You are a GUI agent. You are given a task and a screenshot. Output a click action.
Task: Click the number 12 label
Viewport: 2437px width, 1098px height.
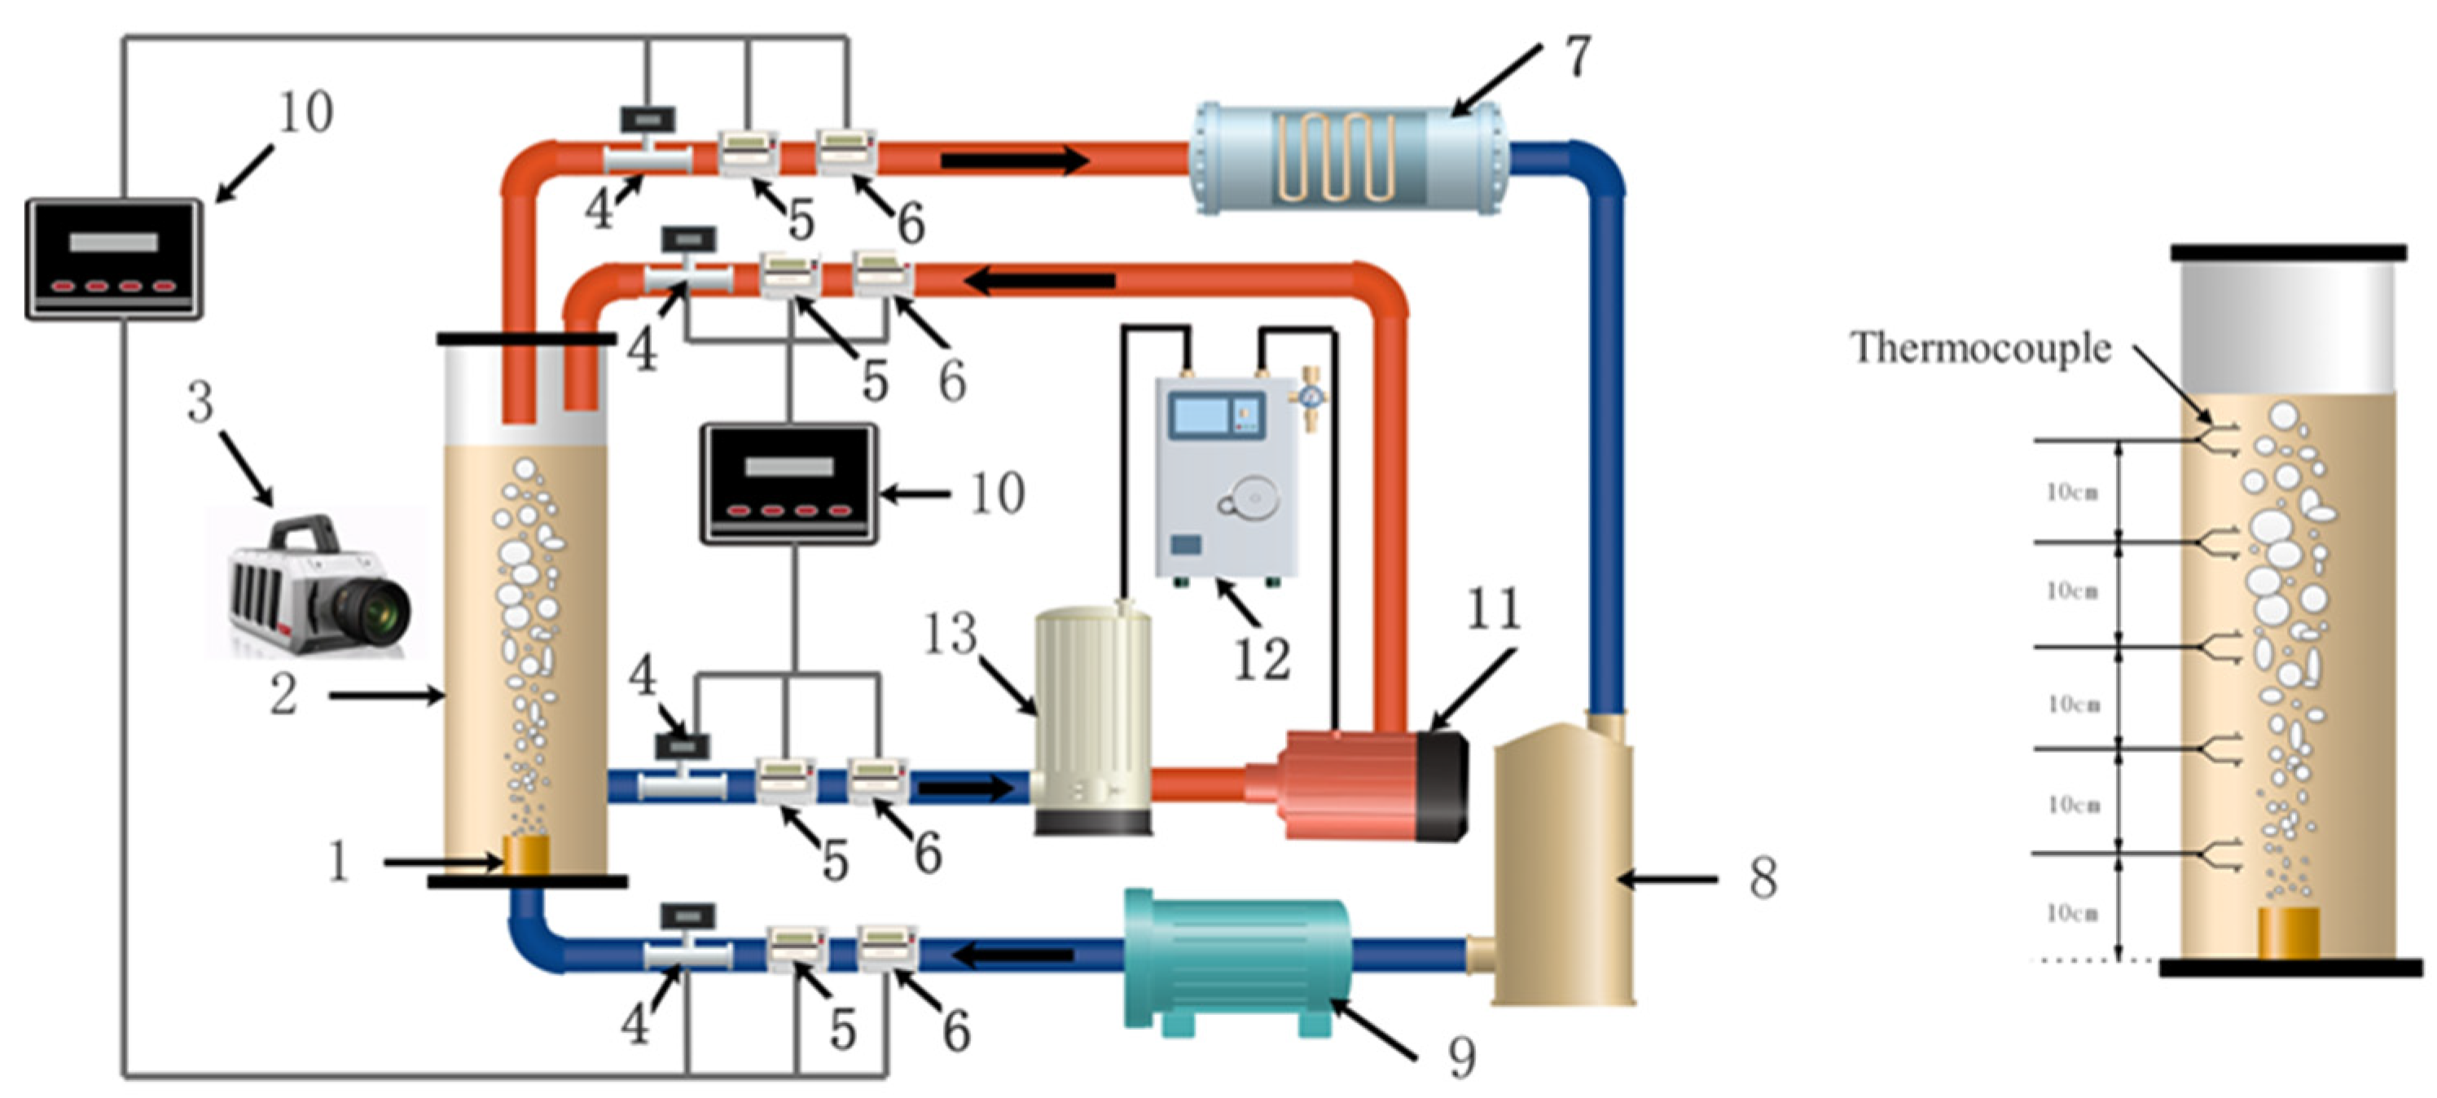pyautogui.click(x=1262, y=658)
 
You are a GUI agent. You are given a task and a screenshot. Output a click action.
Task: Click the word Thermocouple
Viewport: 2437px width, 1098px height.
pyautogui.click(x=1980, y=348)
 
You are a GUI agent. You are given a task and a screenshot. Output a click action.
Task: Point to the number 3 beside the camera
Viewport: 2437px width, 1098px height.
pyautogui.click(x=200, y=402)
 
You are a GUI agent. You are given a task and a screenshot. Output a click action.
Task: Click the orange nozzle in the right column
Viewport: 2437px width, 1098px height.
pyautogui.click(x=2290, y=933)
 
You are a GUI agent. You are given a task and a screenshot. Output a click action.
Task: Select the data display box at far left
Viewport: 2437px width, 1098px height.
pyautogui.click(x=113, y=258)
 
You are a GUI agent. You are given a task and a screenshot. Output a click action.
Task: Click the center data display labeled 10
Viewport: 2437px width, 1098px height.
pyautogui.click(x=789, y=483)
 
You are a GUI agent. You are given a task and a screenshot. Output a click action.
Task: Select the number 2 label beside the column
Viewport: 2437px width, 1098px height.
pyautogui.click(x=283, y=695)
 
